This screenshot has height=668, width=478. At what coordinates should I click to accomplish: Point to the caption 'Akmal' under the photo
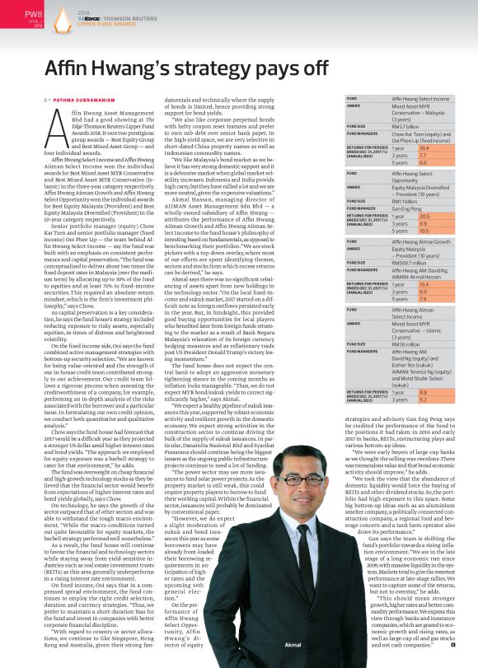tap(293, 645)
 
